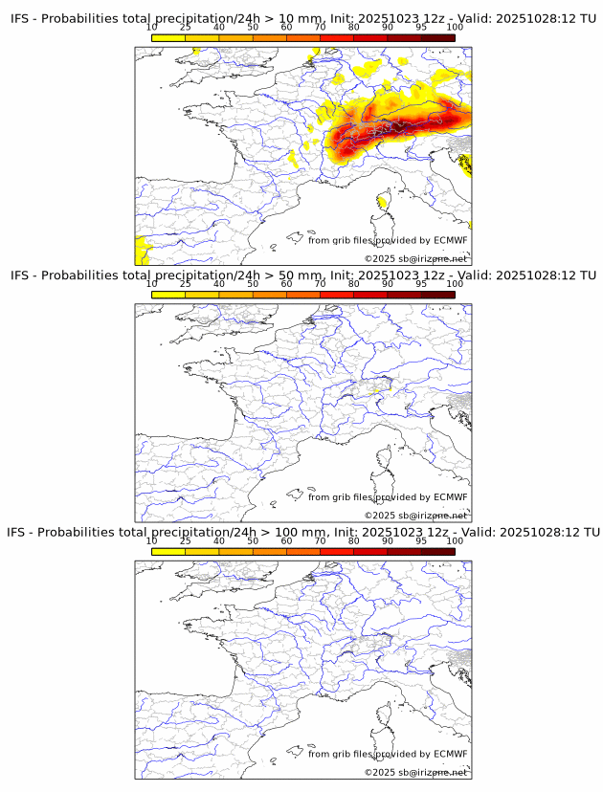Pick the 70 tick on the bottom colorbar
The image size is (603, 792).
320,540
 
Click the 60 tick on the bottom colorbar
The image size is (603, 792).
286,540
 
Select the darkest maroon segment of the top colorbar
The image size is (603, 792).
437,37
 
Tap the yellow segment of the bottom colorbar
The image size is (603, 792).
168,551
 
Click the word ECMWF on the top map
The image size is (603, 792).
450,240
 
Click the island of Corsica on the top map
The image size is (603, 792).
385,202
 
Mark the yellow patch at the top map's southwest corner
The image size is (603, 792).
141,251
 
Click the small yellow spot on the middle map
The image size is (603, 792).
376,389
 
